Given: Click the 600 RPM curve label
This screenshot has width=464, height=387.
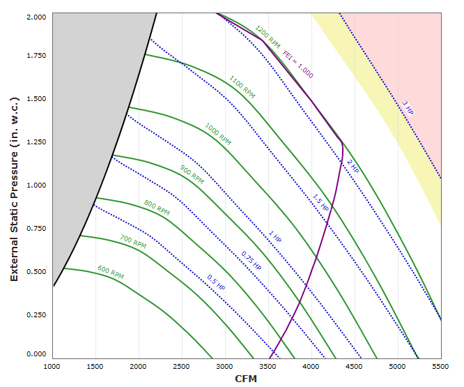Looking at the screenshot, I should click(x=111, y=272).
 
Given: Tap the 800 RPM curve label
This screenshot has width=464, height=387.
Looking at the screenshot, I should click(x=157, y=208).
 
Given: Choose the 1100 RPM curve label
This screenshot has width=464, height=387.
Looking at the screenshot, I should click(x=242, y=86).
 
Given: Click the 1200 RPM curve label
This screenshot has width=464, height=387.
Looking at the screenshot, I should click(x=268, y=36).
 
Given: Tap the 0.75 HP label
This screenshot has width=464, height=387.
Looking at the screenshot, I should click(x=252, y=260).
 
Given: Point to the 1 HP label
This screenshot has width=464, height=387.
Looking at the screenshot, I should click(x=274, y=237).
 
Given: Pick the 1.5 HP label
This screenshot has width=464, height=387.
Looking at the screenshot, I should click(x=320, y=202).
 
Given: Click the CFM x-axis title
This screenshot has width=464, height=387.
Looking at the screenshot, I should click(x=246, y=378).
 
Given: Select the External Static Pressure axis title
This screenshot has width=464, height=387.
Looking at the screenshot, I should click(x=14, y=185).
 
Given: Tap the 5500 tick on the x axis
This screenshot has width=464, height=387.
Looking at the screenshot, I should click(x=441, y=365).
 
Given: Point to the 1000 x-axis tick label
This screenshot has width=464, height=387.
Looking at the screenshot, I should click(x=53, y=365).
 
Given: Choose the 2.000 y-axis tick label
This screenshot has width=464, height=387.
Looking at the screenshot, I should click(x=36, y=15).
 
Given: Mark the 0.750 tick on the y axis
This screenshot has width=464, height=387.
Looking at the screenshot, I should click(x=36, y=228).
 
